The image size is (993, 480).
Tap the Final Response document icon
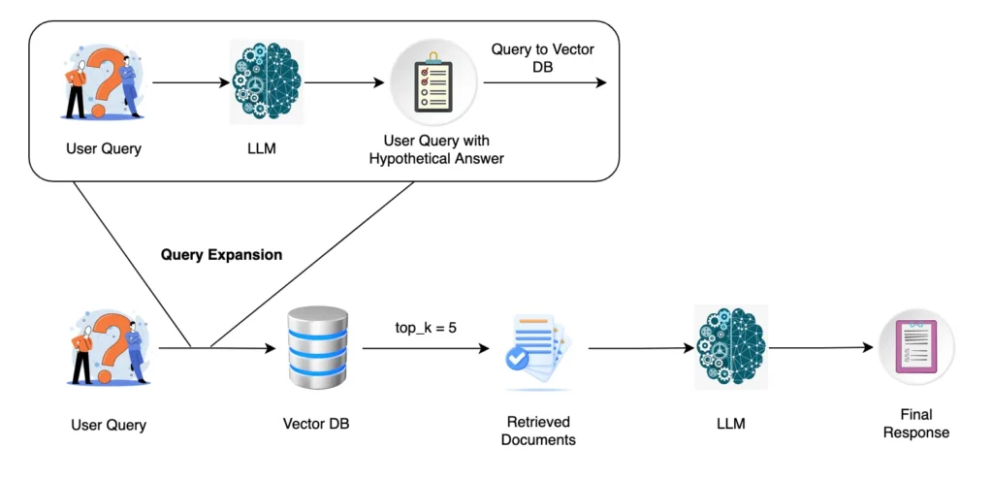pos(916,347)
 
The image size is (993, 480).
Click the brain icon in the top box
pos(267,82)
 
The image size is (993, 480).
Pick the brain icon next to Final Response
pos(731,347)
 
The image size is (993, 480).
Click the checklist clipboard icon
pos(427,82)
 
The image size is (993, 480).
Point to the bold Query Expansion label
pos(221,255)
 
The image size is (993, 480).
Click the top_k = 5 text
pos(426,328)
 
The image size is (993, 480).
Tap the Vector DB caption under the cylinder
pos(318,424)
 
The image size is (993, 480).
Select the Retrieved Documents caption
pos(540,431)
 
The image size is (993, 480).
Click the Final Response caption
pos(916,424)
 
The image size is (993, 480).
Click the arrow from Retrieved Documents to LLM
pos(630,347)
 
